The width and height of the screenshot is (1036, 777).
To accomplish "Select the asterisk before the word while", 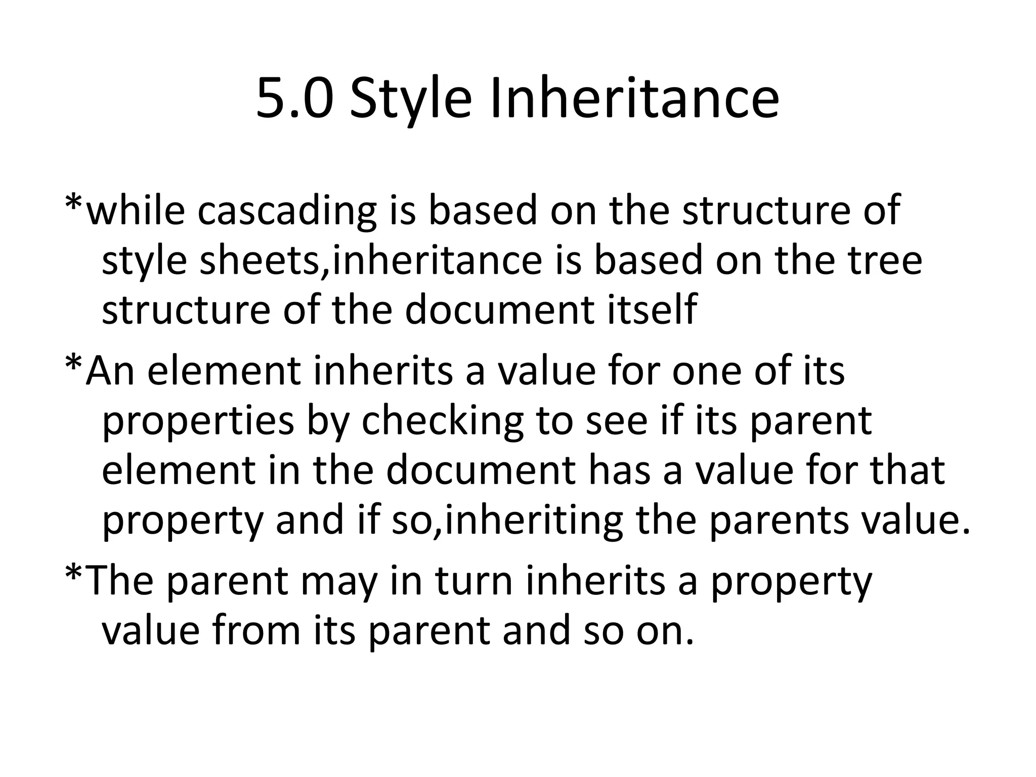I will point(74,203).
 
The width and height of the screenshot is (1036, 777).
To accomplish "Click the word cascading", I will point(287,211).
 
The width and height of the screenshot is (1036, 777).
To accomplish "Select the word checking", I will point(442,422).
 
